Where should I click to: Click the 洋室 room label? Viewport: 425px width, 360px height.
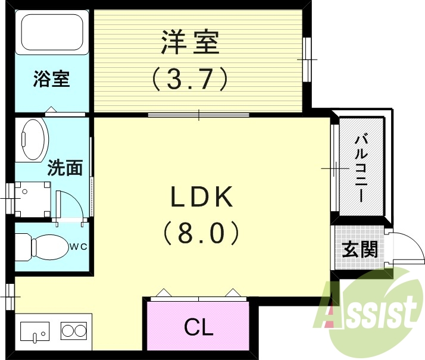point(190,42)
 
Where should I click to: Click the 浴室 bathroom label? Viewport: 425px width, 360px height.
point(51,78)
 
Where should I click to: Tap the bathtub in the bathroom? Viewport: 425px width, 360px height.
point(52,35)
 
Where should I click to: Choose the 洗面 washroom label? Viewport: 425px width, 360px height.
point(65,168)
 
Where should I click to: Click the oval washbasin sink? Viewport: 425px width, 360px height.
point(33,139)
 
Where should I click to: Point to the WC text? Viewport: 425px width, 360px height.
point(81,246)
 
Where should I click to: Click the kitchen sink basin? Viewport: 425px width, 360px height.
point(36,331)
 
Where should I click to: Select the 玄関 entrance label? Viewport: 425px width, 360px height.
point(361,248)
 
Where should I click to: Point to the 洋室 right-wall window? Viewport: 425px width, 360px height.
point(307,60)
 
